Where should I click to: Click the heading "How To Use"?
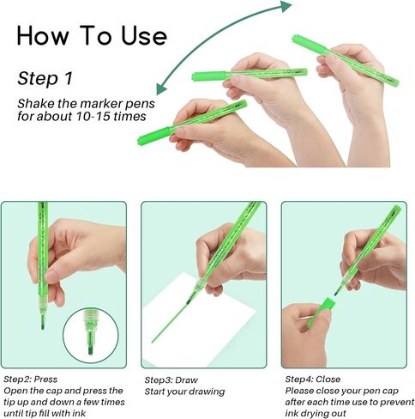pyautogui.click(x=92, y=35)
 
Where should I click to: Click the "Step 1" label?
pyautogui.click(x=45, y=78)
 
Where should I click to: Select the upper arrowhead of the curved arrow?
pyautogui.click(x=285, y=6)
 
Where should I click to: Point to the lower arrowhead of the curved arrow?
pyautogui.click(x=161, y=88)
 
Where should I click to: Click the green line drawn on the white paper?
pyautogui.click(x=170, y=323)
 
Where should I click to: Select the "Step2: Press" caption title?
pyautogui.click(x=31, y=380)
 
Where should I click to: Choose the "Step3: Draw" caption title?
pyautogui.click(x=171, y=380)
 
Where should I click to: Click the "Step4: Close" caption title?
pyautogui.click(x=313, y=380)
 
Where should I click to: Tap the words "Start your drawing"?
pyautogui.click(x=184, y=392)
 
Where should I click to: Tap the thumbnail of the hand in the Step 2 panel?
pyautogui.click(x=52, y=277)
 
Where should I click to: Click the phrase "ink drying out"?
pyautogui.click(x=316, y=414)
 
